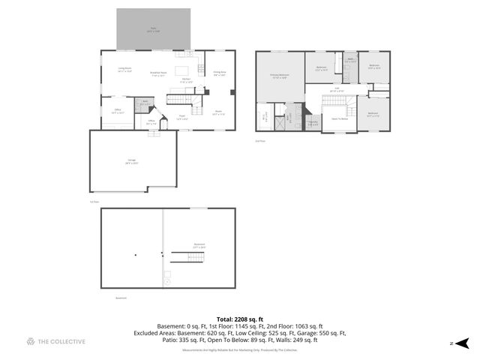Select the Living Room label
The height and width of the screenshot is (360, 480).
tap(124, 70)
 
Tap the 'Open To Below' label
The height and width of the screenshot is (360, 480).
tap(340, 119)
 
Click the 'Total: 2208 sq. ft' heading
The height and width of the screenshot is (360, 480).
tap(239, 319)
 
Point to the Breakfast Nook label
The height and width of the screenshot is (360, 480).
tap(158, 74)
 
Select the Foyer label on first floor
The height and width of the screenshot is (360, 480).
tap(181, 118)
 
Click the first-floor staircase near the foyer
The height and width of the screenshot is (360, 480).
tap(178, 100)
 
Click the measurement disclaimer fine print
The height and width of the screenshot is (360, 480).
tap(239, 349)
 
